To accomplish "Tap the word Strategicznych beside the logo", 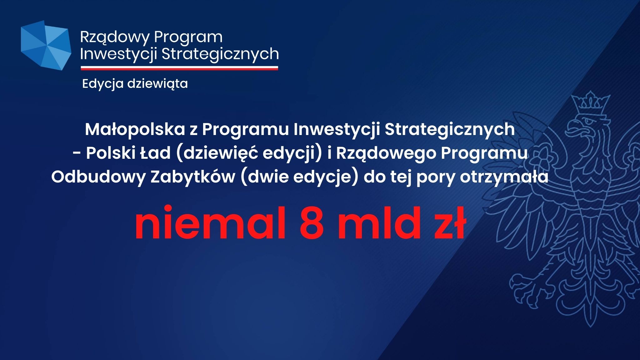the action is coord(220,54).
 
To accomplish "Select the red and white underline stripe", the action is coord(179,68).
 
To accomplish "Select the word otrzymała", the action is coord(504,177).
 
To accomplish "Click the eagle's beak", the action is coord(574,128).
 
